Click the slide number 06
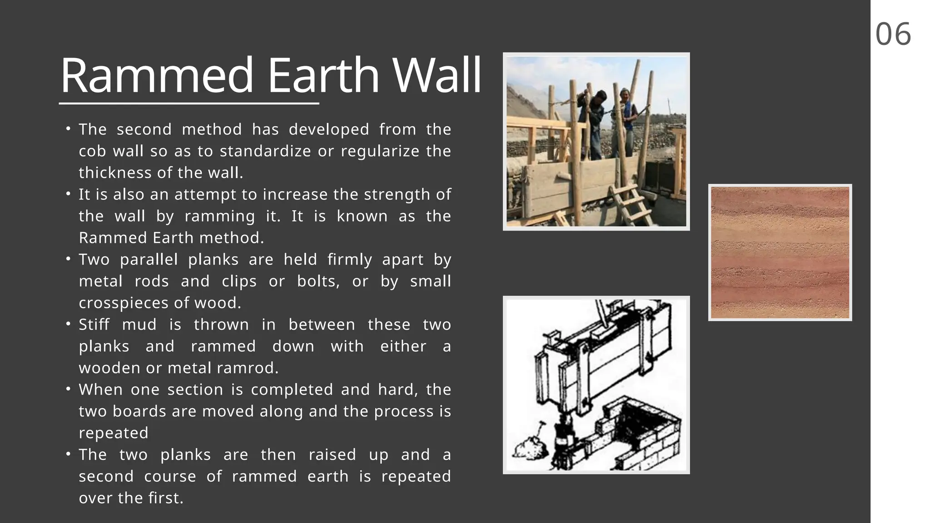(893, 35)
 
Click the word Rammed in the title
(157, 75)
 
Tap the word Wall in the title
(436, 75)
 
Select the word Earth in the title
(323, 75)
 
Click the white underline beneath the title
(189, 104)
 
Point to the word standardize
(265, 151)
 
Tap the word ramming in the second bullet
(219, 216)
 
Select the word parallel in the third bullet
(149, 260)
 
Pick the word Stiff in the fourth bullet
(94, 325)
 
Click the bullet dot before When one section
(68, 389)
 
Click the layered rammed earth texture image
(780, 252)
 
